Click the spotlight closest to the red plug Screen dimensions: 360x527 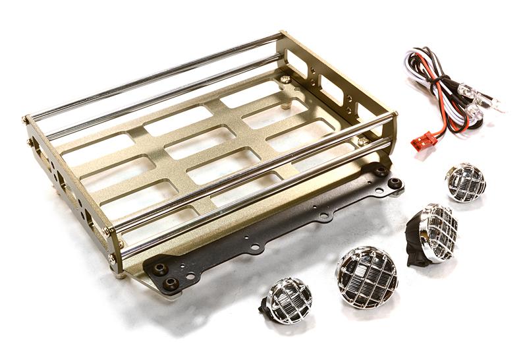coord(465,182)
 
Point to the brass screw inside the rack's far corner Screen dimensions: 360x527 coord(284,78)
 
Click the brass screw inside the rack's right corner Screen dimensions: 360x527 coord(363,141)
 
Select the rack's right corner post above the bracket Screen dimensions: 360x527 coord(394,135)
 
